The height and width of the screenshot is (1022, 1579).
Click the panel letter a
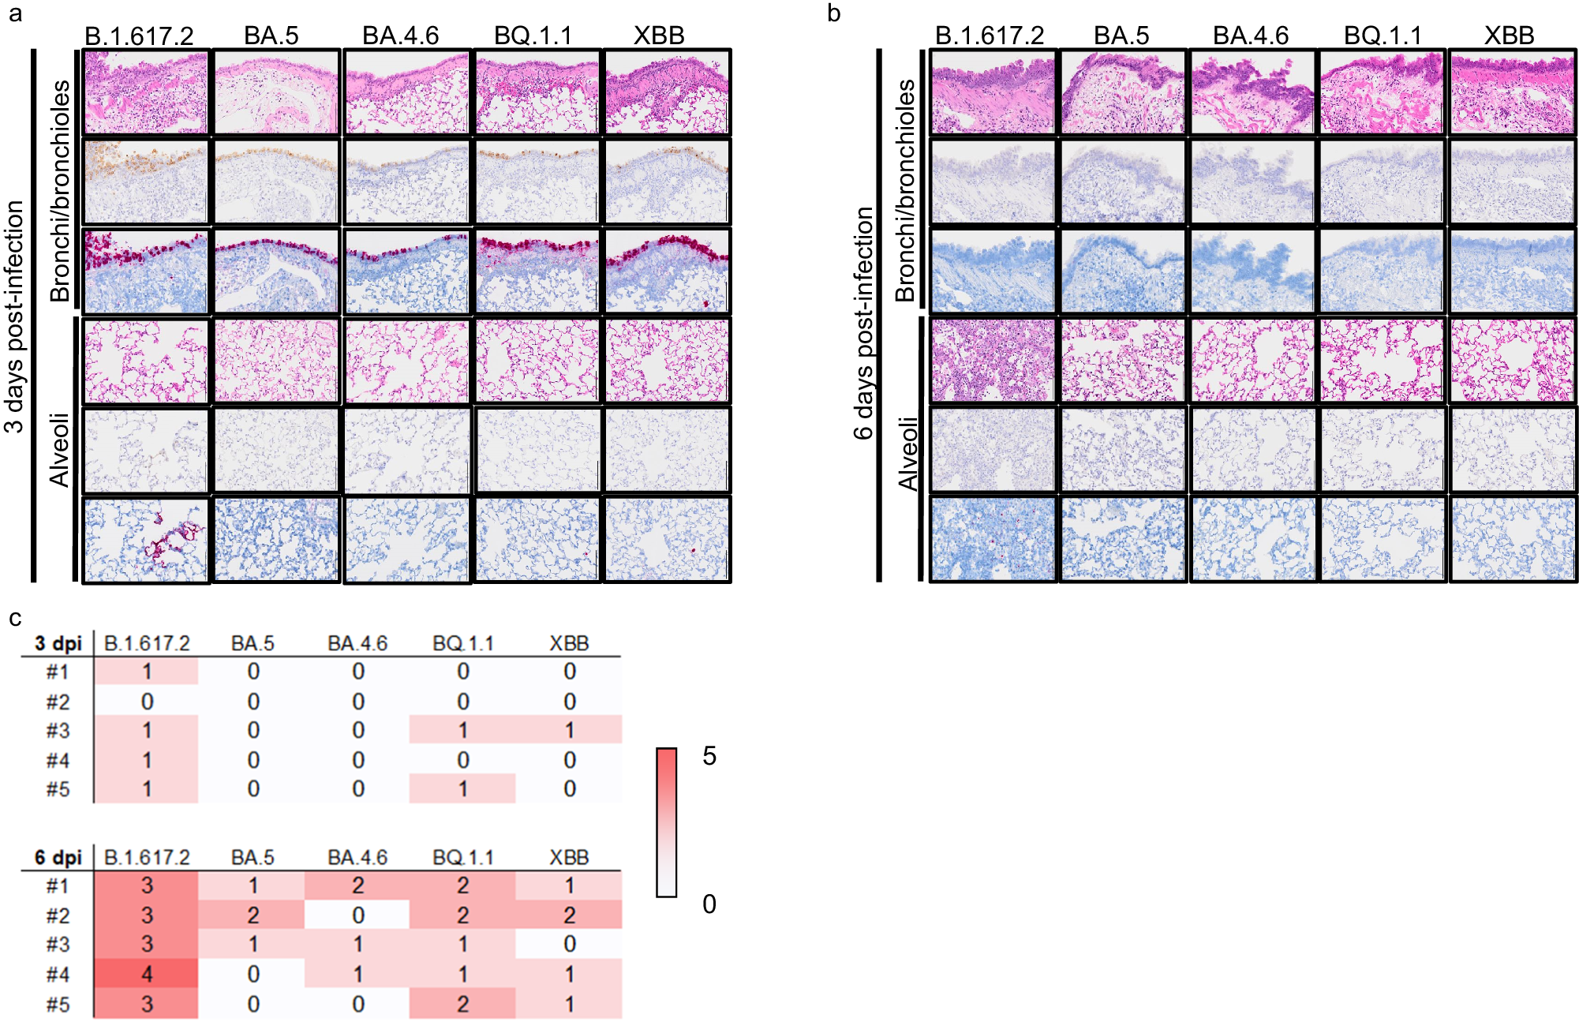tap(14, 14)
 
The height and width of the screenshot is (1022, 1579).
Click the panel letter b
tap(833, 14)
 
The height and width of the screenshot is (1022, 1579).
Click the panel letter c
tap(14, 618)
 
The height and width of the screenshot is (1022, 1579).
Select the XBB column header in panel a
tap(659, 36)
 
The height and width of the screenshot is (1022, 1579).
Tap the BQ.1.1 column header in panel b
tap(1383, 36)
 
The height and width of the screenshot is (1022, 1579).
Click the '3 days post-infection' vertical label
tap(14, 316)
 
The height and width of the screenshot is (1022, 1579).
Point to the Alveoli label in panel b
tap(908, 453)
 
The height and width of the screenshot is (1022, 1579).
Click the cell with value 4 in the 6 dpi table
tap(147, 974)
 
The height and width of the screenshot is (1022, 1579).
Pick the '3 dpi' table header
tap(58, 643)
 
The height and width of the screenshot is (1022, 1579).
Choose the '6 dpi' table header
tap(58, 857)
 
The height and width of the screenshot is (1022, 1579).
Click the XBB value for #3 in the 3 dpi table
tap(569, 730)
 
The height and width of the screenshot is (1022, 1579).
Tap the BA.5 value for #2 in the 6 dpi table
tap(253, 915)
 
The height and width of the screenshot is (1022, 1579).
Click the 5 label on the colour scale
tap(709, 756)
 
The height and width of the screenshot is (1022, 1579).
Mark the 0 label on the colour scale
tap(709, 904)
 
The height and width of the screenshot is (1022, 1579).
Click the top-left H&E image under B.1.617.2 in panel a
tap(146, 92)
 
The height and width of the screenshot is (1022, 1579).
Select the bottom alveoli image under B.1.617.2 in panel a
tap(146, 540)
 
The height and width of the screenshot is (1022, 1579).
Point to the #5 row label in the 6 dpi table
tap(58, 1004)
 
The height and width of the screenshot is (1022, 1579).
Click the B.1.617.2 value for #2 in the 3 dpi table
tap(147, 701)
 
